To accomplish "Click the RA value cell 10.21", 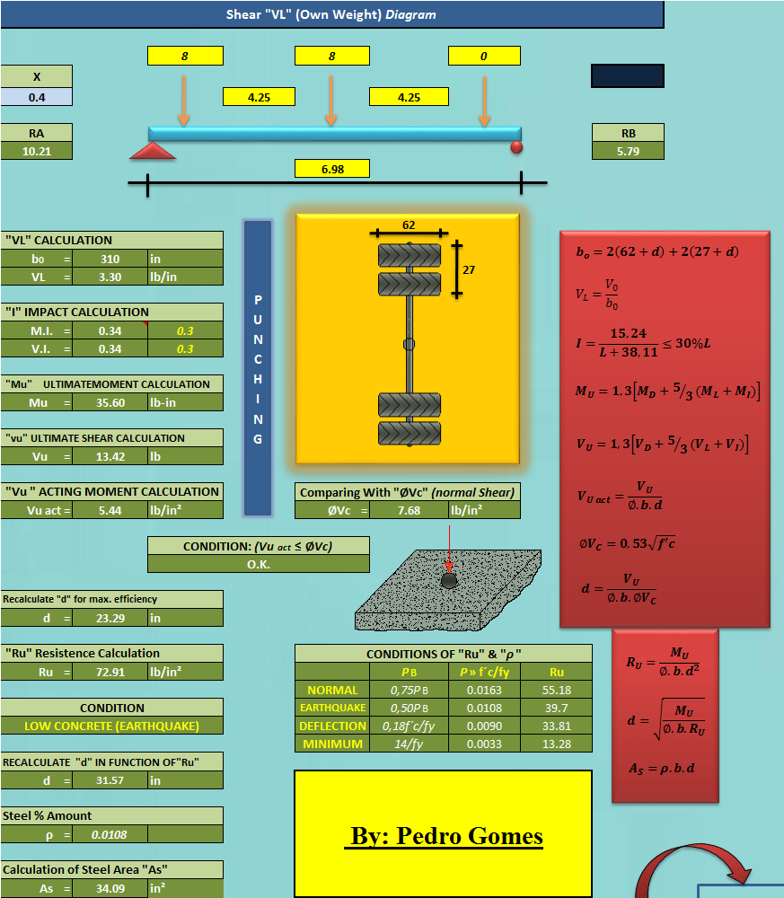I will point(36,152).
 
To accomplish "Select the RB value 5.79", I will point(628,152).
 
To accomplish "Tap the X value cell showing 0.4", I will point(36,97).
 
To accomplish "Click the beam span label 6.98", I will point(332,168).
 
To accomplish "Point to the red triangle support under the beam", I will point(153,151).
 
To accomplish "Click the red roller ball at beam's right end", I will point(516,146).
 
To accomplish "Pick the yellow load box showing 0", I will point(484,56).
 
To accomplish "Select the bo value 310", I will point(110,259).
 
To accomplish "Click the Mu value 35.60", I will point(110,402).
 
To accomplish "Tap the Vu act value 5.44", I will point(110,510).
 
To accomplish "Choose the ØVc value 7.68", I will point(409,510).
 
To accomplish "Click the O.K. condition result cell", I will point(258,564).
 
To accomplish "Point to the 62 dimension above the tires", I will point(409,225).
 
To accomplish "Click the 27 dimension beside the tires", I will point(469,269).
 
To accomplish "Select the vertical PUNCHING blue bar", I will point(258,368).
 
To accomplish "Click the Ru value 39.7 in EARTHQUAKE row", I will point(557,708).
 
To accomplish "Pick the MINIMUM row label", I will point(332,744).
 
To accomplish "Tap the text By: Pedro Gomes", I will point(444,837).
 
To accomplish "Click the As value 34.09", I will point(110,888).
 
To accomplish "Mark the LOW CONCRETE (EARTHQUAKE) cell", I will point(111,726).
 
